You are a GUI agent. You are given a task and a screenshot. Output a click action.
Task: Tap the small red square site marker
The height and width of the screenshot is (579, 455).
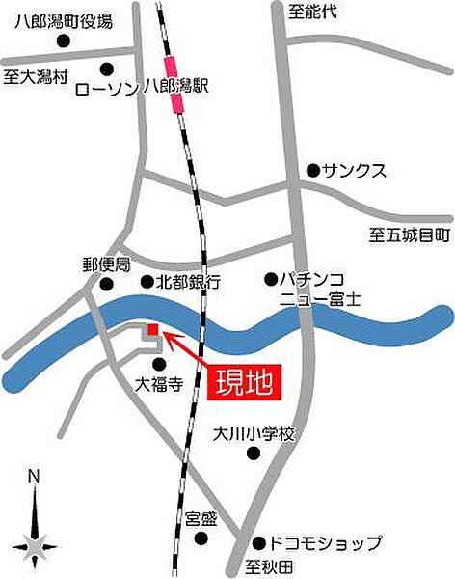[x=152, y=331]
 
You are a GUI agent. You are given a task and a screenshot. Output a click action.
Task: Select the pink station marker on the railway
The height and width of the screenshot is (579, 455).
[x=174, y=84]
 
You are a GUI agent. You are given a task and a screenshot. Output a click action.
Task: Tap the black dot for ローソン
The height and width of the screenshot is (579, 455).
[x=106, y=69]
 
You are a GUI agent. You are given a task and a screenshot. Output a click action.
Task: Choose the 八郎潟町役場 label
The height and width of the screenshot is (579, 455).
[x=64, y=20]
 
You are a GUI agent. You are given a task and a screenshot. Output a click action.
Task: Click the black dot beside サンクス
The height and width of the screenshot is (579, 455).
[x=312, y=170]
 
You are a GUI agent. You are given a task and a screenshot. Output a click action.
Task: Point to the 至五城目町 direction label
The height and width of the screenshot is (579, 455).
[x=410, y=234]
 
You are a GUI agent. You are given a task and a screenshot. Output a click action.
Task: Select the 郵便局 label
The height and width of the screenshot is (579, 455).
[x=105, y=263]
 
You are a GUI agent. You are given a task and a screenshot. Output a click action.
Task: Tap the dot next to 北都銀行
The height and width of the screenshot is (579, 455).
[x=147, y=282]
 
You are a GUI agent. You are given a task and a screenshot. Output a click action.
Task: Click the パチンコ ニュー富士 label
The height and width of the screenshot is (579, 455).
[x=317, y=289]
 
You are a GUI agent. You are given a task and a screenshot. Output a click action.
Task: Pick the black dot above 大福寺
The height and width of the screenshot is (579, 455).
[x=159, y=364]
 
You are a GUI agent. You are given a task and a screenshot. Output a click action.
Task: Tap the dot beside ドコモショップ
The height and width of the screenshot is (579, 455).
[x=257, y=542]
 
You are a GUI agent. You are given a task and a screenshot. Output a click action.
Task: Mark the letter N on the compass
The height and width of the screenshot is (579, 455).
[x=33, y=476]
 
